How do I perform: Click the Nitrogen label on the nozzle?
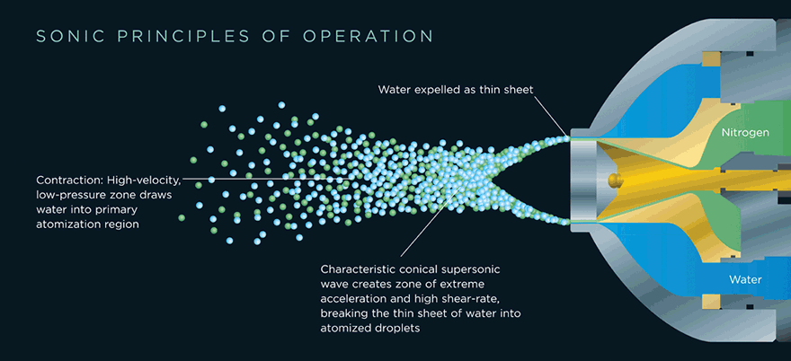pyautogui.click(x=745, y=133)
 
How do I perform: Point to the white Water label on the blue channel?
pyautogui.click(x=745, y=279)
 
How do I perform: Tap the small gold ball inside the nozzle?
pyautogui.click(x=613, y=179)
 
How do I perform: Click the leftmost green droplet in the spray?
pyautogui.click(x=182, y=217)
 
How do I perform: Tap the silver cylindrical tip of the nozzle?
pyautogui.click(x=584, y=179)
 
